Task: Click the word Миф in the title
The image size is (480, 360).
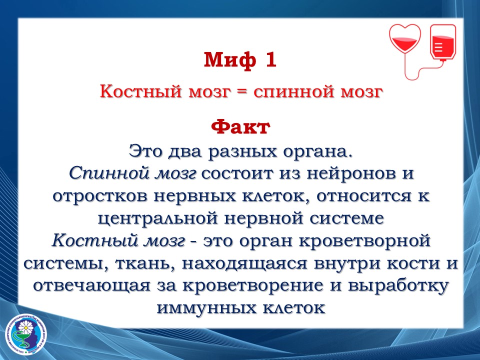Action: (229, 59)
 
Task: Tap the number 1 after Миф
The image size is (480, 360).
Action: (271, 59)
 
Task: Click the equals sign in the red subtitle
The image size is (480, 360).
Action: (241, 92)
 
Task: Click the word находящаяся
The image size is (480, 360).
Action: (244, 264)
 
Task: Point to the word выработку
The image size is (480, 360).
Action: (398, 285)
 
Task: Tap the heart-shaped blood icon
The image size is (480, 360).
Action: (405, 39)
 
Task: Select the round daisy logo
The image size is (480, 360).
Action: (26, 334)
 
